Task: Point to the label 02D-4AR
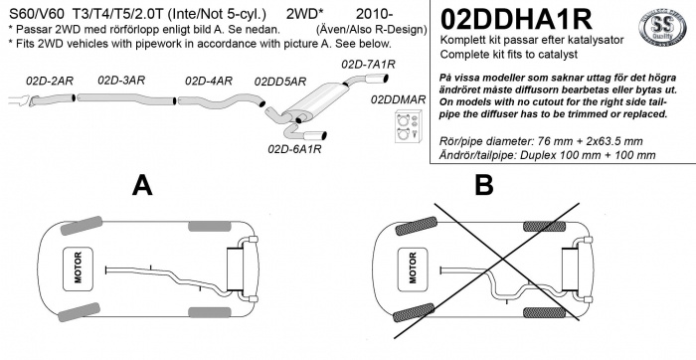[x=209, y=80]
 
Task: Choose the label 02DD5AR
[x=280, y=82]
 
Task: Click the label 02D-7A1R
[x=368, y=64]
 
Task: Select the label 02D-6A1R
[x=294, y=150]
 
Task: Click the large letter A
[x=143, y=185]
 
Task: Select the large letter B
[x=484, y=185]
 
